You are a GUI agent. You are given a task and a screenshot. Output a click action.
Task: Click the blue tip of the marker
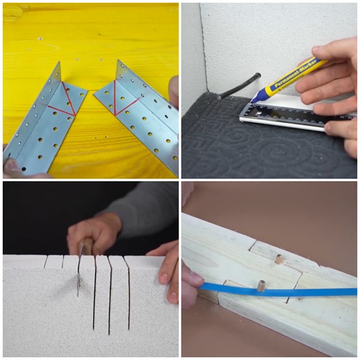(x=254, y=98)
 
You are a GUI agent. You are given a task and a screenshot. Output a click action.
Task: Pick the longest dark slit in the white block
(x=94, y=294)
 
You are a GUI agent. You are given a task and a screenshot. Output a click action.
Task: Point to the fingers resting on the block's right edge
(x=166, y=273)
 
